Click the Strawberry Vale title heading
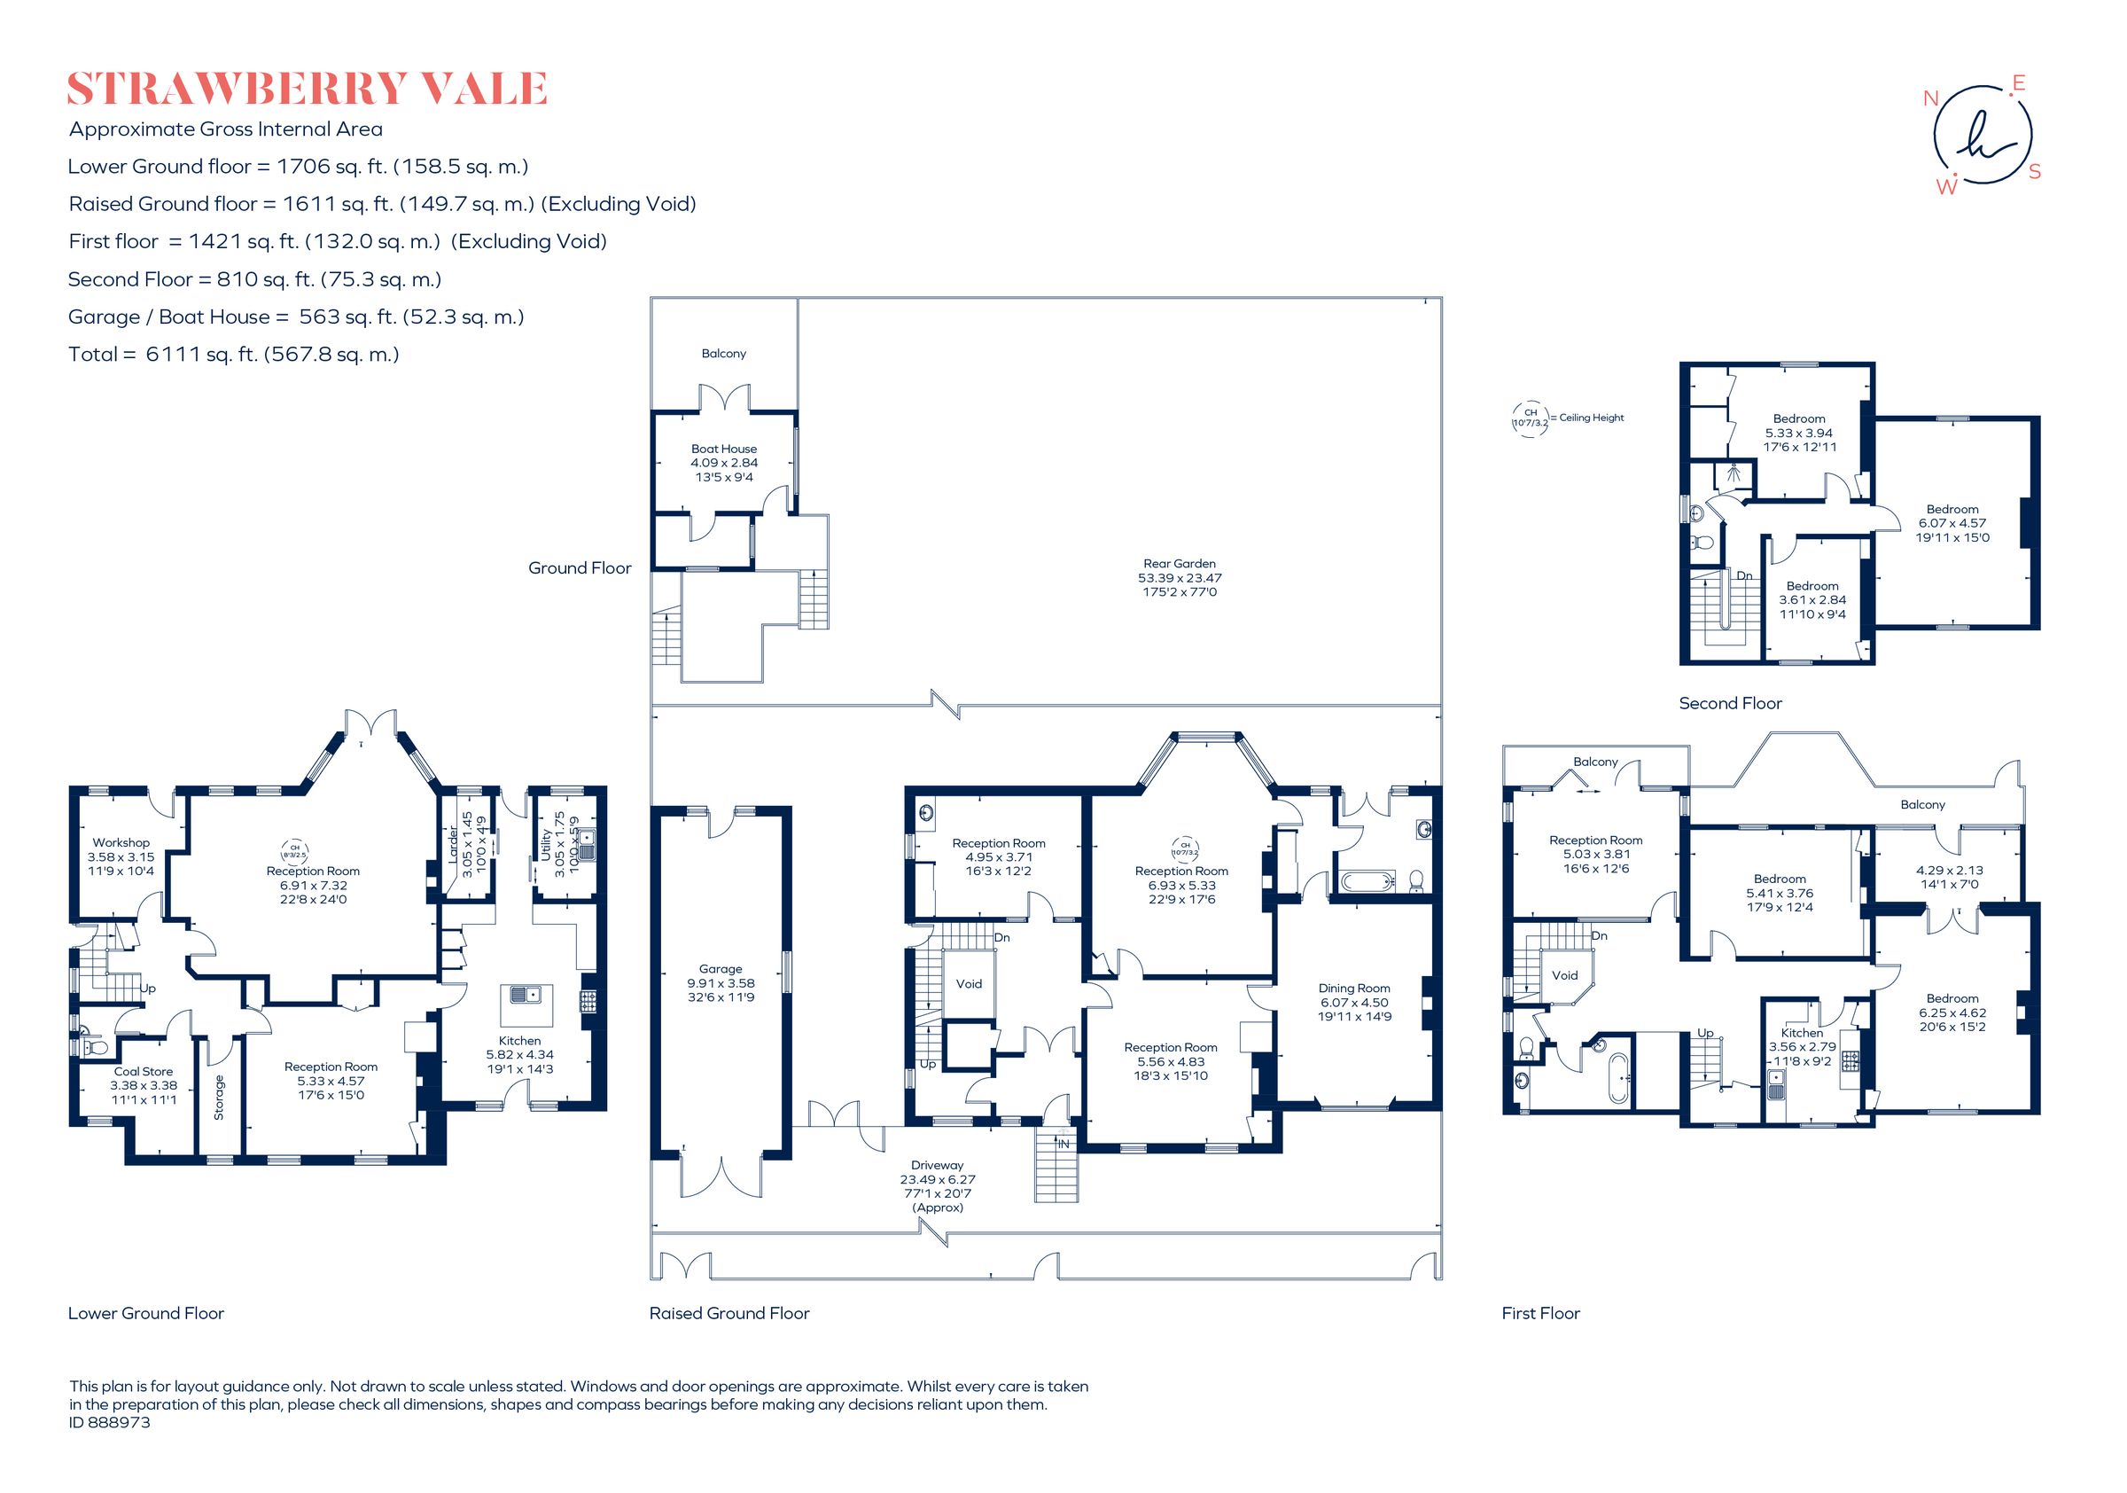click(x=307, y=89)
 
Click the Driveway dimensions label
click(x=937, y=1186)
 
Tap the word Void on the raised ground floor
click(x=968, y=983)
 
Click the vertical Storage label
click(x=220, y=1097)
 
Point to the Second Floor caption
click(x=1730, y=703)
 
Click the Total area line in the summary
click(x=233, y=354)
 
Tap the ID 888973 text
click(x=109, y=1422)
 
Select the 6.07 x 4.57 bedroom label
click(x=1952, y=523)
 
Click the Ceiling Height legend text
click(x=1591, y=418)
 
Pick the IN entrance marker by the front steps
click(x=1063, y=1145)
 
